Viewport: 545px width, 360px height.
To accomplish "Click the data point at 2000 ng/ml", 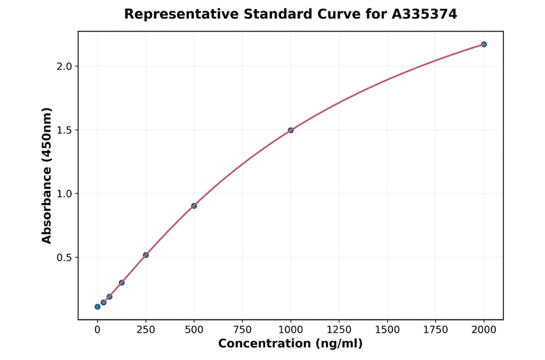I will point(484,44).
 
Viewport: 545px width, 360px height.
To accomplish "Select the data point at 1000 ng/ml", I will point(291,130).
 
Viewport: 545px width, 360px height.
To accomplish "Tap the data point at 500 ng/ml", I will point(194,206).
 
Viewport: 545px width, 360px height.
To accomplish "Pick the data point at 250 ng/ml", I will point(146,255).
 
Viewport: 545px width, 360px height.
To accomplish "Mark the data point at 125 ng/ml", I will point(122,282).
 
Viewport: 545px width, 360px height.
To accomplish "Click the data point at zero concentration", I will point(97,307).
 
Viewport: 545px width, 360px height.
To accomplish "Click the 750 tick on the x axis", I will point(242,330).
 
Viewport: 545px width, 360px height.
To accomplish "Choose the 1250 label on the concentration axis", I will point(339,330).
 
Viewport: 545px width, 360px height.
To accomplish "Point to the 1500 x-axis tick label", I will point(388,330).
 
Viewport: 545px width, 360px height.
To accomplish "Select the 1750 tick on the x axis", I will point(436,330).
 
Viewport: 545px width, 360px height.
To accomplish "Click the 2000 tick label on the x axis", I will point(484,330).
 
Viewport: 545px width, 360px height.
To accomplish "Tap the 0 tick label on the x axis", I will point(97,330).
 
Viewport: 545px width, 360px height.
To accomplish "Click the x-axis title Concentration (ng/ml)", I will point(291,344).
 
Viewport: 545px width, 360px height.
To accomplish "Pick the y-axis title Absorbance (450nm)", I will point(47,175).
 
